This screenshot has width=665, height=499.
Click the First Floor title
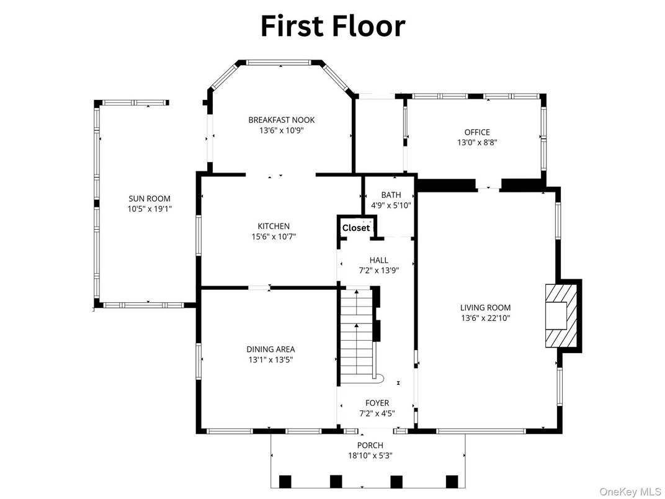tap(332, 26)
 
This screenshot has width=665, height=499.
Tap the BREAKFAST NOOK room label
tap(282, 120)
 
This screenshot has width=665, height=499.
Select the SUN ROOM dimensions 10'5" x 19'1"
tap(150, 210)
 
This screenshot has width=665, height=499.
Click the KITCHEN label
tap(274, 226)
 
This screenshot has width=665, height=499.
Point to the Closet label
tap(356, 228)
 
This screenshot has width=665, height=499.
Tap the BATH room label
tap(391, 195)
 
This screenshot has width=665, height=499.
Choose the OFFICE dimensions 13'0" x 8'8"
tap(477, 142)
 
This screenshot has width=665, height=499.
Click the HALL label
tap(378, 260)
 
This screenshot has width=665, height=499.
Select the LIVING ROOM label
tap(485, 307)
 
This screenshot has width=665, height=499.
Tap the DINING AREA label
tap(270, 349)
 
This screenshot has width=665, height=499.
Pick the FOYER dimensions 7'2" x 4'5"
tap(377, 413)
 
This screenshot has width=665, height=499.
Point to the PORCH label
tap(370, 445)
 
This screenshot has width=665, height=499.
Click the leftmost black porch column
tap(285, 481)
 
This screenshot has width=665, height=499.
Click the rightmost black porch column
tap(452, 481)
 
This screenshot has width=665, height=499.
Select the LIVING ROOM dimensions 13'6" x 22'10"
tap(485, 318)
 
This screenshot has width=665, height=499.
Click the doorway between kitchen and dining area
tap(259, 287)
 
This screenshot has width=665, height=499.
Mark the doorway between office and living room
tap(488, 184)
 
